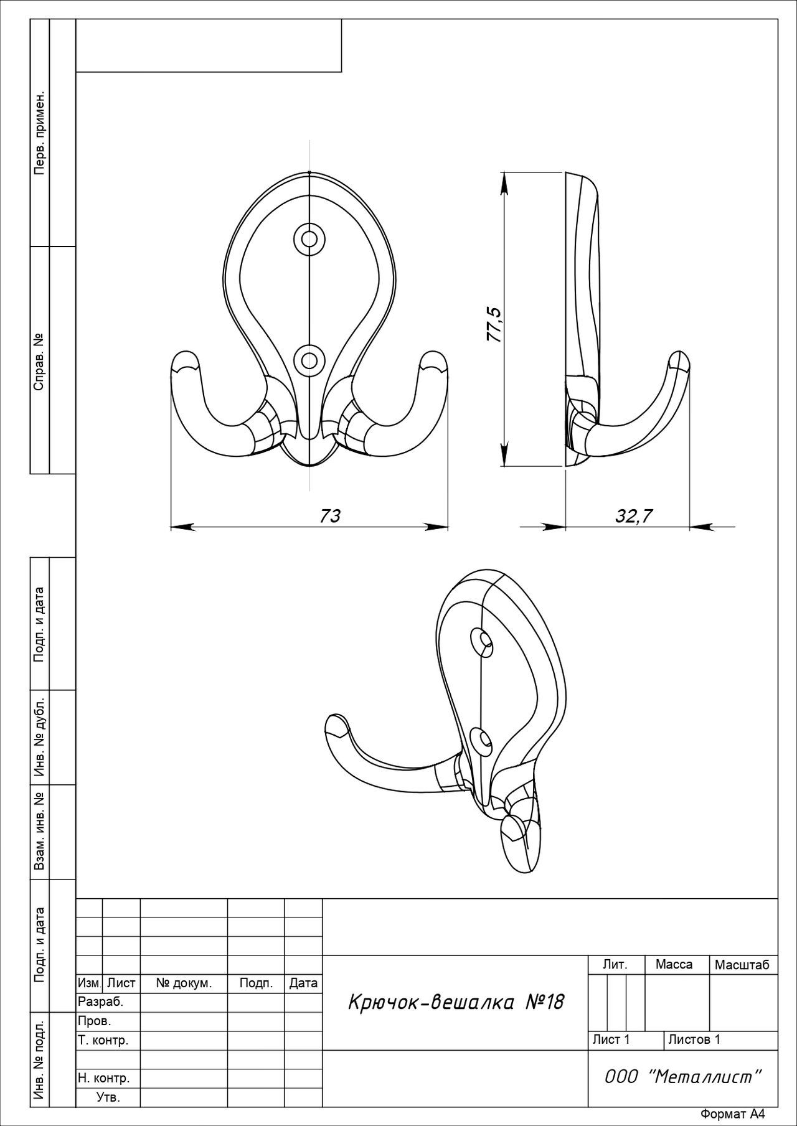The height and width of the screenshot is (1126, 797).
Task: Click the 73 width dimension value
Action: tap(331, 516)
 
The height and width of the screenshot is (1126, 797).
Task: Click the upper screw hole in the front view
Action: tap(309, 238)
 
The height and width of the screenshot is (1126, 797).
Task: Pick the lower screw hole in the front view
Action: tap(309, 359)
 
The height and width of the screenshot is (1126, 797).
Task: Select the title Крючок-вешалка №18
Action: tap(455, 1002)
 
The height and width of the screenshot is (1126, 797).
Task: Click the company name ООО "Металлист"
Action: tap(683, 1077)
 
